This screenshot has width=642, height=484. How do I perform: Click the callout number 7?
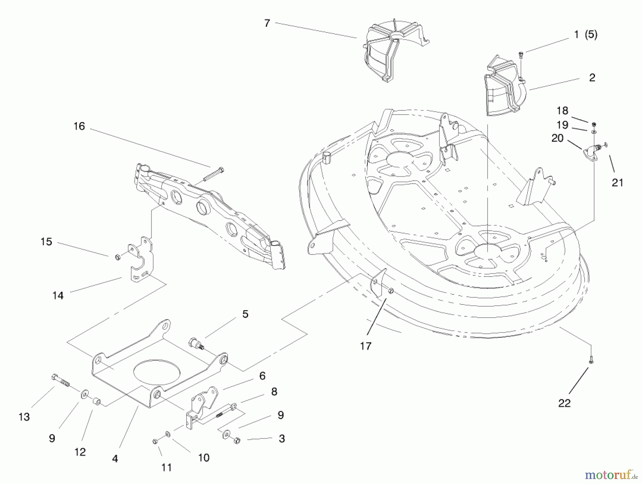tap(267, 24)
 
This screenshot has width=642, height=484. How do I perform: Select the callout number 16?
tap(79, 126)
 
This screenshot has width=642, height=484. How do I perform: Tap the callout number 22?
tap(564, 403)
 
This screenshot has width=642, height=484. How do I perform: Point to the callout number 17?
tap(366, 346)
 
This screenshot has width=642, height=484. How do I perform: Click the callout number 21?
tap(617, 183)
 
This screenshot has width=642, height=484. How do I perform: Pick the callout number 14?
tap(58, 296)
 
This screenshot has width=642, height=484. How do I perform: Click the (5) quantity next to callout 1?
tap(591, 35)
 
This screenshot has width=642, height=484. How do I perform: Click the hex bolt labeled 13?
tap(61, 382)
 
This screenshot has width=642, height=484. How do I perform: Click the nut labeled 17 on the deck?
tap(391, 291)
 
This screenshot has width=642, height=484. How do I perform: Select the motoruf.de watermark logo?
tap(611, 475)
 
